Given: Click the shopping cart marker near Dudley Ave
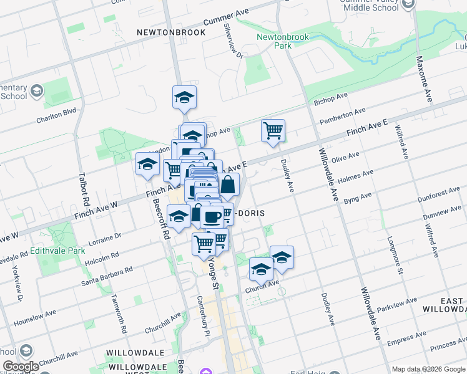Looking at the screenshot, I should (x=273, y=131).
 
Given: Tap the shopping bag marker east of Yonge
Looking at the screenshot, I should (x=228, y=185).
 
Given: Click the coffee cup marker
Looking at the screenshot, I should (x=212, y=216).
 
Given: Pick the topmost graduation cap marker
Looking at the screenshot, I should (x=184, y=97).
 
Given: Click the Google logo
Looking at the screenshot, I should (x=21, y=367).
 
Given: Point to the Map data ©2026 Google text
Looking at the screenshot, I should (x=428, y=368).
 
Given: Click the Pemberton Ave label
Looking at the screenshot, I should (x=342, y=115).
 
